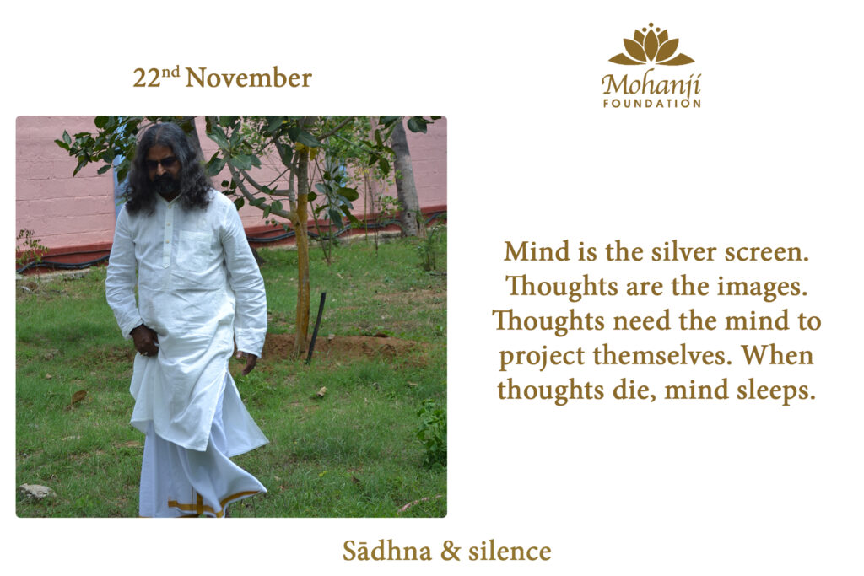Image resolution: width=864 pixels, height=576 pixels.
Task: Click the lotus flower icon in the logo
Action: point(651,45)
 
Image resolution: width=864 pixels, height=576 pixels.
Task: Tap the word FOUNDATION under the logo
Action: point(652,103)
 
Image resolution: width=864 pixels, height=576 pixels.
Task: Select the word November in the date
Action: point(249,78)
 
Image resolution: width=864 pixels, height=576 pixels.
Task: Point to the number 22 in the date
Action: point(147,78)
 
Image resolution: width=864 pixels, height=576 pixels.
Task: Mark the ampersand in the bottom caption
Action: point(451,552)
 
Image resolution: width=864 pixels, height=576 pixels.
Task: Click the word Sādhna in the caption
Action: point(386,551)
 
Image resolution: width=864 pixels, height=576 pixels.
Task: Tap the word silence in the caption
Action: point(510,551)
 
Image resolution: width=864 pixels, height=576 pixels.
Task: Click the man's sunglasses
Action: point(161,163)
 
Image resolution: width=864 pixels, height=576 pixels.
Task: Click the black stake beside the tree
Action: point(316,328)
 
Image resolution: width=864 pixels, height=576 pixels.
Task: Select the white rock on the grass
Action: point(37,491)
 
